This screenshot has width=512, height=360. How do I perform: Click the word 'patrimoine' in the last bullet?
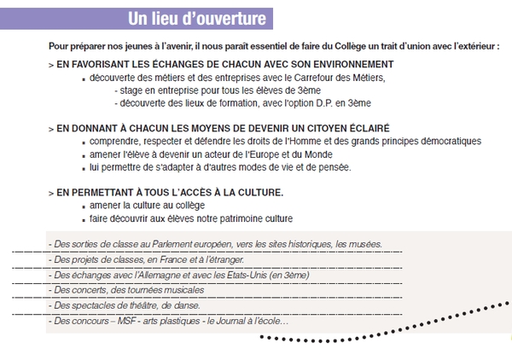(239, 218)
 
